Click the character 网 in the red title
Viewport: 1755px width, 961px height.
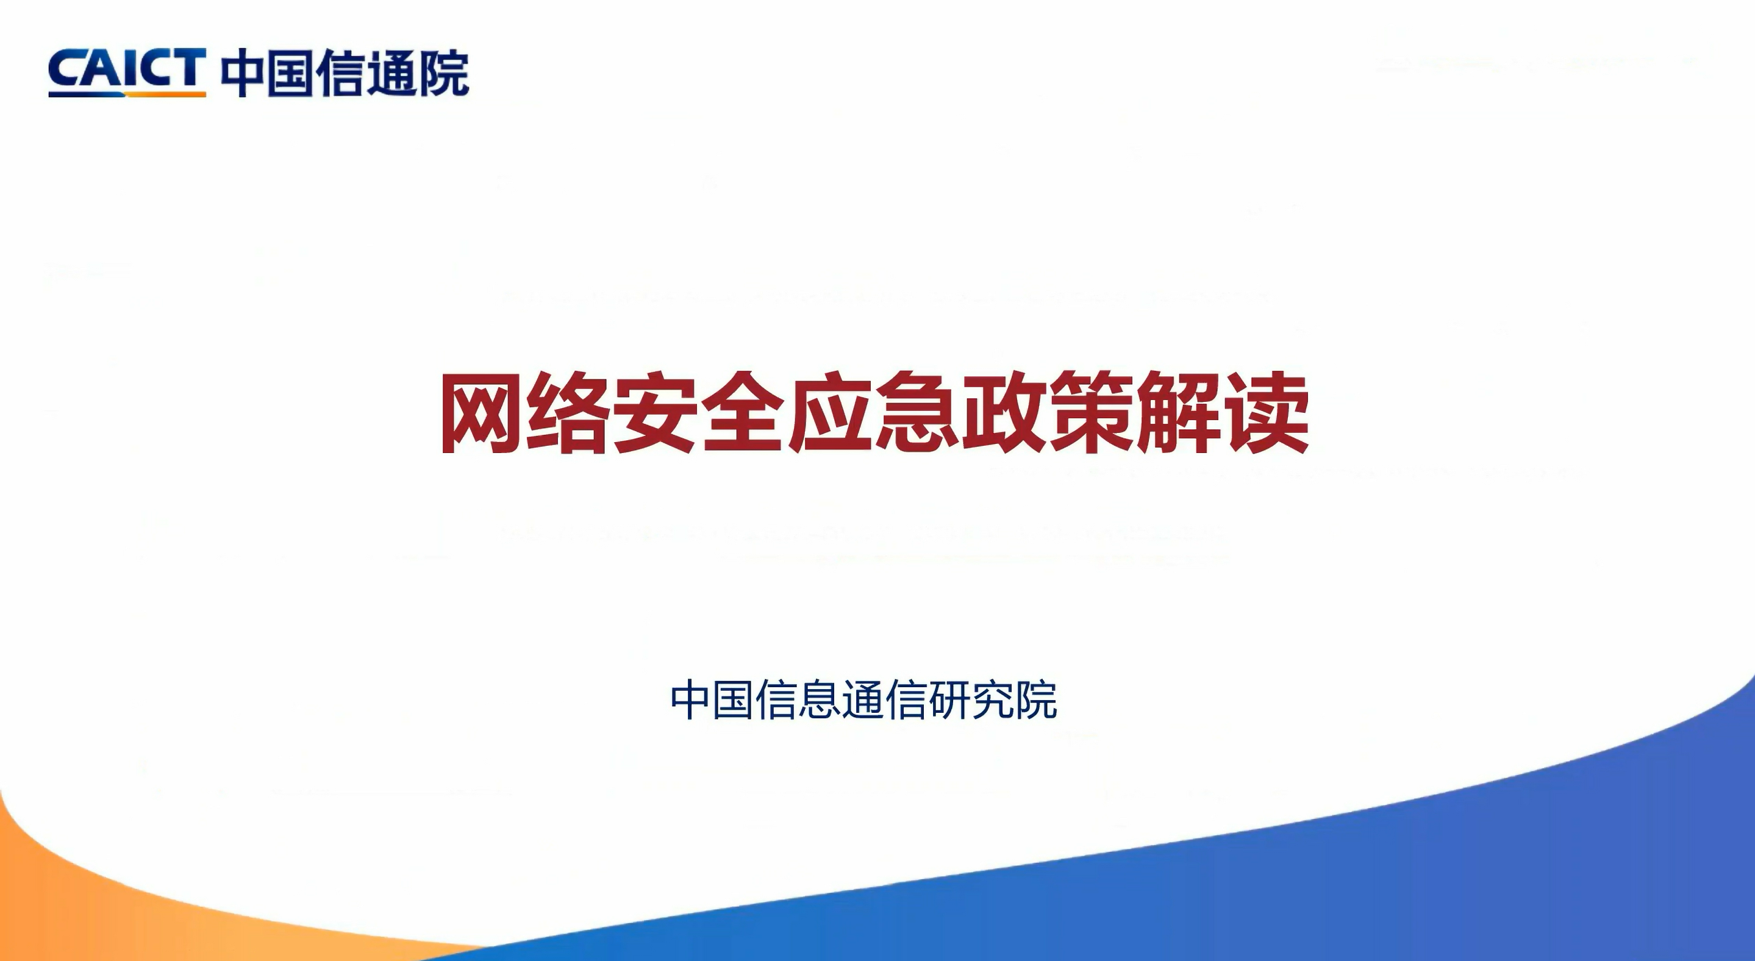[481, 413]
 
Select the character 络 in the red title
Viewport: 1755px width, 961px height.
[568, 413]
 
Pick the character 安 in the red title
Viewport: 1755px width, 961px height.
[656, 413]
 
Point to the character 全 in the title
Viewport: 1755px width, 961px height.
[743, 413]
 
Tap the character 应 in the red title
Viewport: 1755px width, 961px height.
[830, 413]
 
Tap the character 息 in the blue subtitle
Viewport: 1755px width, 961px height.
[820, 699]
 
